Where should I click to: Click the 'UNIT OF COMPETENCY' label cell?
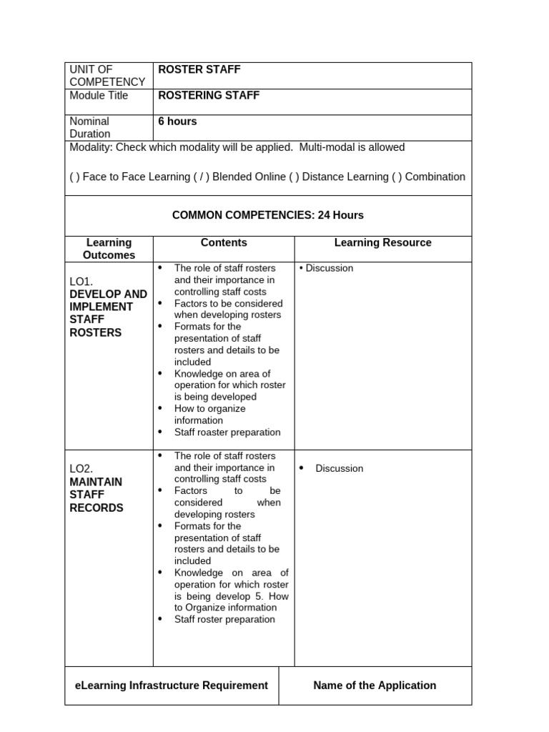pyautogui.click(x=107, y=76)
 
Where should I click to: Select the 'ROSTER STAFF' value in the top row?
pyautogui.click(x=199, y=69)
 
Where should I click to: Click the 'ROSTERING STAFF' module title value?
pyautogui.click(x=209, y=95)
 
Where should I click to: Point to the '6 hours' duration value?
pyautogui.click(x=177, y=122)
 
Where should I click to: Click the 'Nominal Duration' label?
pyautogui.click(x=90, y=127)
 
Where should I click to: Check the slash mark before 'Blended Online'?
pyautogui.click(x=201, y=177)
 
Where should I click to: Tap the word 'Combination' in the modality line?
pyautogui.click(x=435, y=177)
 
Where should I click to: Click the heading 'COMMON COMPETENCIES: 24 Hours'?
pyautogui.click(x=268, y=215)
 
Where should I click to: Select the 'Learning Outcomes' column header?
pyautogui.click(x=109, y=249)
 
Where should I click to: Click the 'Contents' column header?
pyautogui.click(x=224, y=243)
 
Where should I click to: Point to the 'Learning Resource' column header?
pyautogui.click(x=382, y=243)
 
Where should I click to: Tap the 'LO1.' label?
pyautogui.click(x=81, y=282)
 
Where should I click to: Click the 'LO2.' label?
pyautogui.click(x=81, y=469)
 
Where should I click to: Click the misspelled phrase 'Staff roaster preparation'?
pyautogui.click(x=227, y=432)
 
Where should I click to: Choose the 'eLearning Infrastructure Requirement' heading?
pyautogui.click(x=172, y=686)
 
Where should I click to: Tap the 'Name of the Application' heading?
pyautogui.click(x=375, y=686)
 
